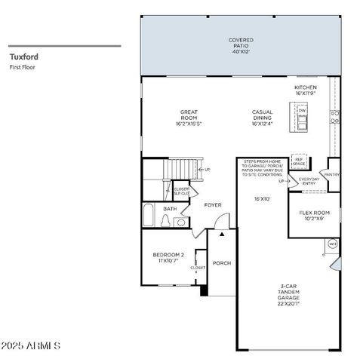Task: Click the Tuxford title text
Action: tap(23, 56)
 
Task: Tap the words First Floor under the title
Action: tap(23, 67)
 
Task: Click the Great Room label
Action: tap(188, 118)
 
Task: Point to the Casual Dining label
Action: tap(262, 118)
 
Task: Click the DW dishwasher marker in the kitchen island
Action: tap(302, 111)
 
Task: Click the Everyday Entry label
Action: tap(309, 181)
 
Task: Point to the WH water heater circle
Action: tap(332, 244)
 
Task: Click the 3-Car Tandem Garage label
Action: tap(289, 293)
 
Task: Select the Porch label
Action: tap(221, 263)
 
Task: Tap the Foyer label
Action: tap(212, 204)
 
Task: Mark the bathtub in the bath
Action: tap(148, 215)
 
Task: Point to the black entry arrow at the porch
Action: tap(221, 235)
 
